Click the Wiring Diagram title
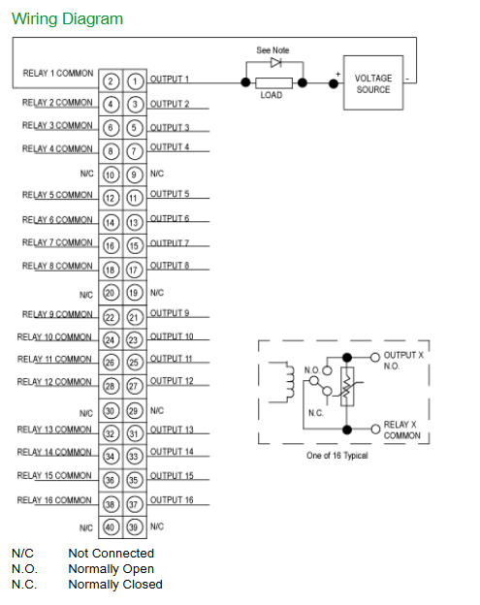67,19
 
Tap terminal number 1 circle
135,81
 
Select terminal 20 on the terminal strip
110,293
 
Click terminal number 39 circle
134,527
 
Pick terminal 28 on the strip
111,386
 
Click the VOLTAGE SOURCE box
373,83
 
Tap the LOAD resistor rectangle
274,82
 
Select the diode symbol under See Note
275,62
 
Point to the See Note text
272,50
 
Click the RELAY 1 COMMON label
58,74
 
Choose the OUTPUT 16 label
172,500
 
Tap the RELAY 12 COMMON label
54,382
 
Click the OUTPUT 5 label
170,194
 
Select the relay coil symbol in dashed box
289,382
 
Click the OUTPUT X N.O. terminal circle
375,358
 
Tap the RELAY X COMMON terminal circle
375,430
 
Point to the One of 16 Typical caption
337,456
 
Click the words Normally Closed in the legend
115,585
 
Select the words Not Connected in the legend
112,554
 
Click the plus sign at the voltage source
338,74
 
